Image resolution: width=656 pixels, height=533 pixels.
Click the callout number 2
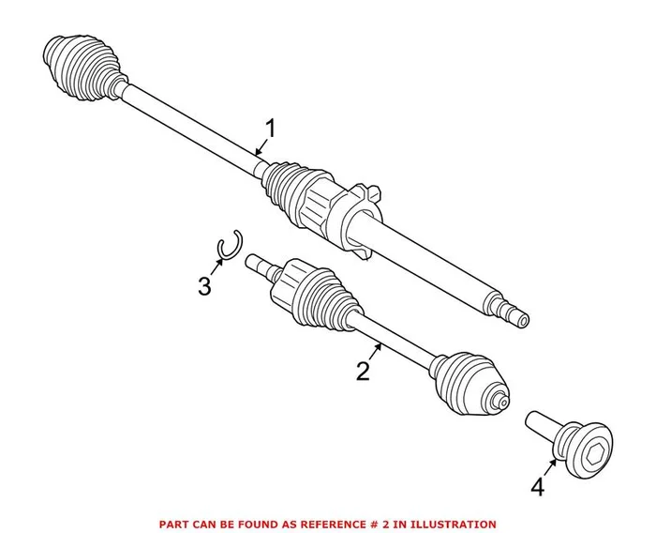(x=363, y=371)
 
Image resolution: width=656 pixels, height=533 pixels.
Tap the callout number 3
(x=204, y=286)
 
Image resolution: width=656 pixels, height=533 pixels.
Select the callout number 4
(x=537, y=486)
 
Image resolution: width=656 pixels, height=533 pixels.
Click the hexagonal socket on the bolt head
(x=598, y=441)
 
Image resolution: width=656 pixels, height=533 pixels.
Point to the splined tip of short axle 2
(x=253, y=263)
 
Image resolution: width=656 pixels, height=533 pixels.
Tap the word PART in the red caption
(x=173, y=524)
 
